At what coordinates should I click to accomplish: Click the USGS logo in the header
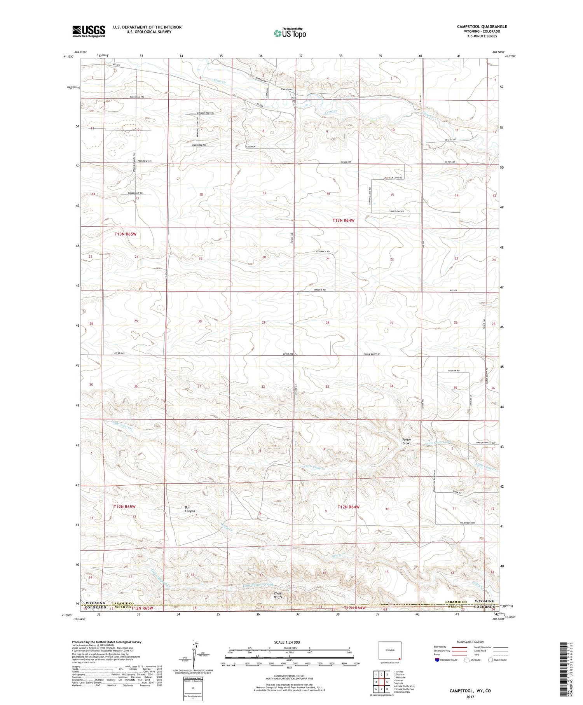click(x=89, y=31)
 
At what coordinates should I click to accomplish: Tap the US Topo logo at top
click(x=290, y=33)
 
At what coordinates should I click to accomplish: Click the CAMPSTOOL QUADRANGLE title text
click(x=482, y=27)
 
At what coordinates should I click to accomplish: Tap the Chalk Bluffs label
click(x=278, y=595)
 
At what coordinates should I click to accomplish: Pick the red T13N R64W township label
click(x=344, y=220)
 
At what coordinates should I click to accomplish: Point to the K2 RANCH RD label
click(x=322, y=252)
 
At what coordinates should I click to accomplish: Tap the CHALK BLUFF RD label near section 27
click(x=372, y=354)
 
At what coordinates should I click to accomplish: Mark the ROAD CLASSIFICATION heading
click(x=470, y=642)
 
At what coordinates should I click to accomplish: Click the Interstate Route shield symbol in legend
click(x=437, y=660)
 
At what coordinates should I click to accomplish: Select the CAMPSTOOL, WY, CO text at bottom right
click(x=470, y=691)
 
